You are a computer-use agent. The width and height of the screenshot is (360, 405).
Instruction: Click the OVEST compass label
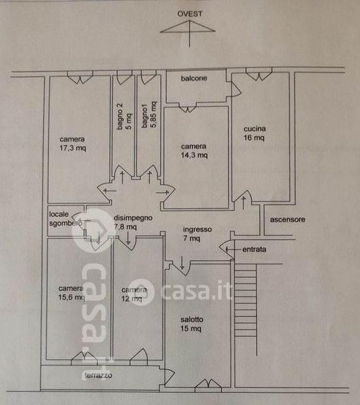(190, 13)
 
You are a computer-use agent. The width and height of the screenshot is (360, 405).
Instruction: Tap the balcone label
(194, 78)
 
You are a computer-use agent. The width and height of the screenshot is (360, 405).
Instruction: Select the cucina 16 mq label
(255, 133)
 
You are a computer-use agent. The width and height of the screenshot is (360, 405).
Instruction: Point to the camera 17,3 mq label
(73, 144)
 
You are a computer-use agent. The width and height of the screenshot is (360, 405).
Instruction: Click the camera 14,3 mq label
(194, 151)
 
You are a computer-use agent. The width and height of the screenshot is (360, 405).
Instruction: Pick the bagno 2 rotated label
(120, 116)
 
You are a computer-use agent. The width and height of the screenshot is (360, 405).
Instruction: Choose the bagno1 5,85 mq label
(149, 115)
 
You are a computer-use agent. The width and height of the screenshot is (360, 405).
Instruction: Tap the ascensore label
(287, 219)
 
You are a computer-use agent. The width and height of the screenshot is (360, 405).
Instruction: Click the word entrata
(254, 249)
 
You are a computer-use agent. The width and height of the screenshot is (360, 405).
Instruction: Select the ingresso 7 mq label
(197, 234)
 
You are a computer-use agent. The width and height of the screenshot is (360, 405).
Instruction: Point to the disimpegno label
(133, 218)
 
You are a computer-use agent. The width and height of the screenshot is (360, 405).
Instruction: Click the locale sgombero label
(66, 219)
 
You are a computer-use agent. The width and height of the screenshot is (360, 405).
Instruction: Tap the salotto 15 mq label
(192, 324)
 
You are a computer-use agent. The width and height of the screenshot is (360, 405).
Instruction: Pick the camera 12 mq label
(134, 294)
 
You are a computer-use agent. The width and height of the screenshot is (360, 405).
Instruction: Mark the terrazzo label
(99, 375)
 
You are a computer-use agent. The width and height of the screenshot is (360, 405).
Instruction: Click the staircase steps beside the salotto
(245, 300)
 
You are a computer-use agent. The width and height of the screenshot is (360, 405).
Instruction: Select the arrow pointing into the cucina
(243, 202)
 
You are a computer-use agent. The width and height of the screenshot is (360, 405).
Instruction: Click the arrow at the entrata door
(233, 249)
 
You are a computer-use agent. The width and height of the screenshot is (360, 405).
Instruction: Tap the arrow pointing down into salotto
(182, 263)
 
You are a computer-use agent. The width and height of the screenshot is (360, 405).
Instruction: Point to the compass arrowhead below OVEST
(188, 26)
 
